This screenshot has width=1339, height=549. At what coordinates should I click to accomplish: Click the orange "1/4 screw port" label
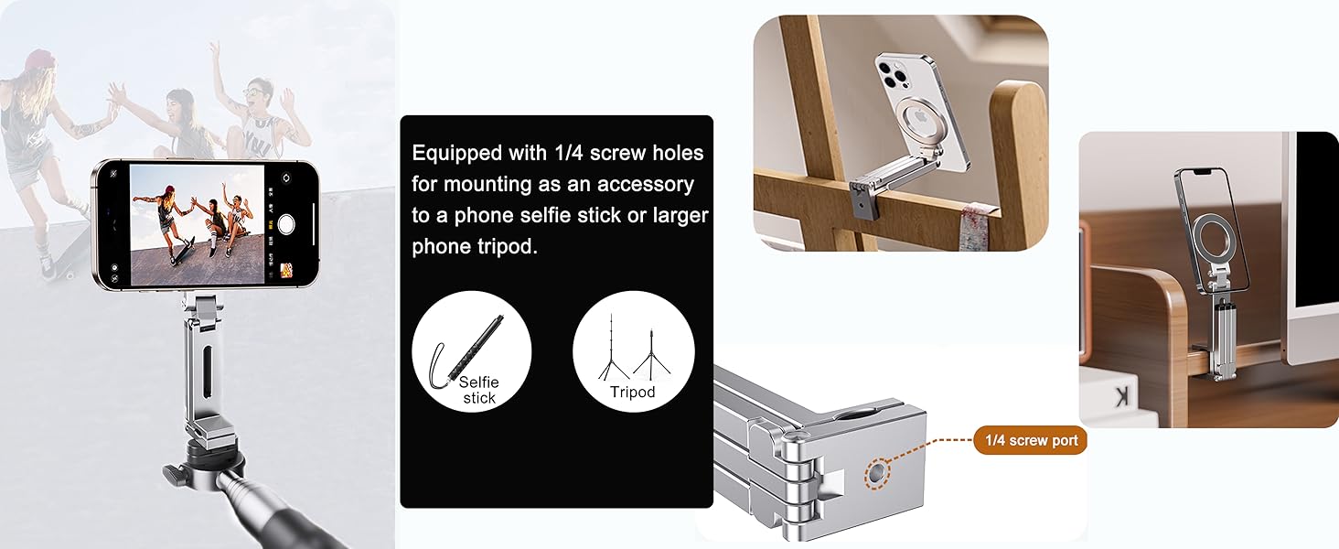[1030, 440]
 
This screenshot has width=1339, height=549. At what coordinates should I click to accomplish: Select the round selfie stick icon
[471, 350]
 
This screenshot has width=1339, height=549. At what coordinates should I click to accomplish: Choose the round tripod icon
[633, 350]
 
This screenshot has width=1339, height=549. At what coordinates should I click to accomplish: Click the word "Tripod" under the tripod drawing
[633, 392]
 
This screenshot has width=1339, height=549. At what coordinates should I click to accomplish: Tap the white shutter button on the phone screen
[286, 223]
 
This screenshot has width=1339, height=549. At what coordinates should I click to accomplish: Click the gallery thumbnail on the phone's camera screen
[286, 271]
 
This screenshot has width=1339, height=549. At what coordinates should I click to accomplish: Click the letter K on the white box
[1121, 395]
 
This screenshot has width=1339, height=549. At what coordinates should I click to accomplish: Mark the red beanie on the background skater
[40, 59]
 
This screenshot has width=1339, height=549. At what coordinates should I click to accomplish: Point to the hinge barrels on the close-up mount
[793, 476]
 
